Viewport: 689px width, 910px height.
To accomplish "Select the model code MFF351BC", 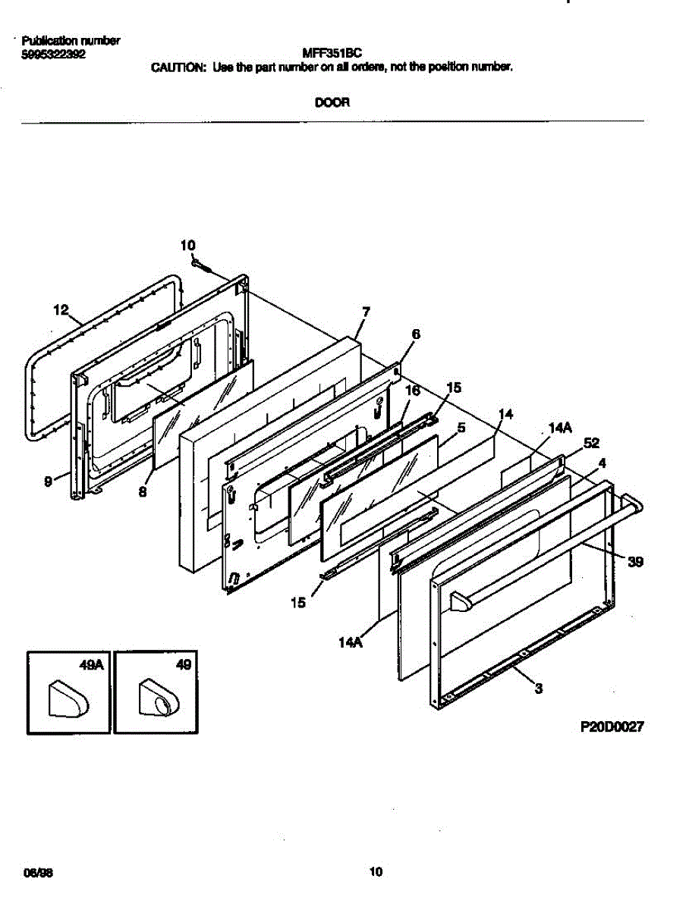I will (332, 53).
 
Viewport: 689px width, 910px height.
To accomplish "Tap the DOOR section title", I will (332, 102).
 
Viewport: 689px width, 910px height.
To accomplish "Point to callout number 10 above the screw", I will (187, 245).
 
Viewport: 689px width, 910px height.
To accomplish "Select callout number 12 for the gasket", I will (61, 309).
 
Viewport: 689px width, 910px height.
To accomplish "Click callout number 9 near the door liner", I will (49, 480).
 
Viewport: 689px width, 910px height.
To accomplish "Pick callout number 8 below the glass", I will (143, 491).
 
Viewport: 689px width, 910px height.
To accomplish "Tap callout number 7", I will (366, 311).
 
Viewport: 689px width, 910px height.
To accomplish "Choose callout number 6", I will (415, 334).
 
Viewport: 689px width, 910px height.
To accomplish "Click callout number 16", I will (413, 390).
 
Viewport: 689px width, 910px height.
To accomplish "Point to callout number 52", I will (591, 444).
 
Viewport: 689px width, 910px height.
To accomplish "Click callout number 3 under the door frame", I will (538, 689).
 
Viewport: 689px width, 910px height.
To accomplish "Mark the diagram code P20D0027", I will (612, 726).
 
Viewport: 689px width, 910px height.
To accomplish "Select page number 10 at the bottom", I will (375, 873).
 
